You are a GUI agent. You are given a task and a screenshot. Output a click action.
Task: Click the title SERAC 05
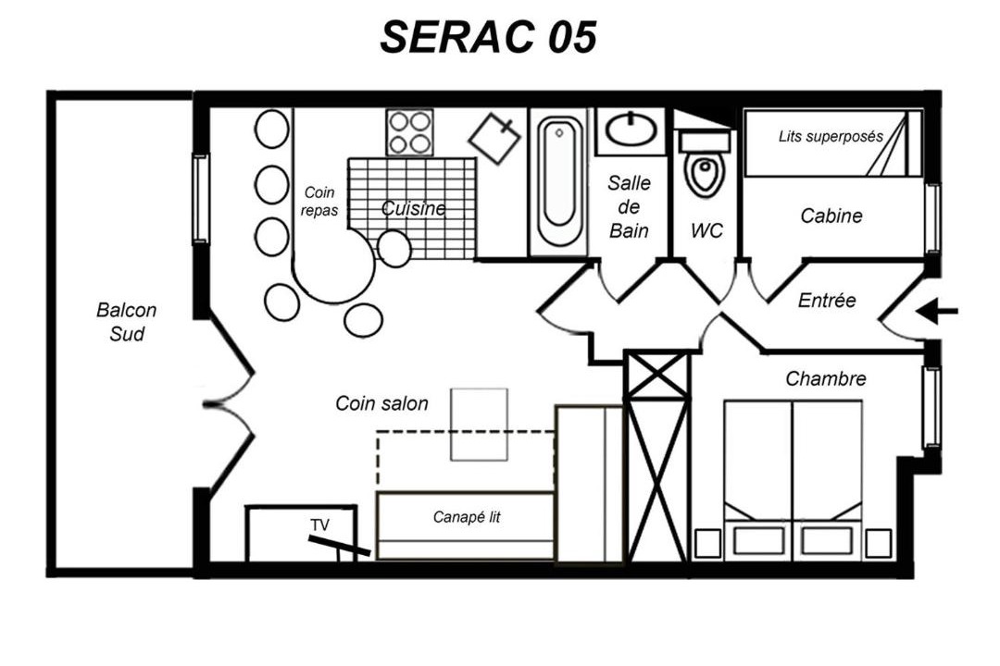[x=489, y=36]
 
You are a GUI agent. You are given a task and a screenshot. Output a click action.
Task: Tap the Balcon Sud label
[x=126, y=322]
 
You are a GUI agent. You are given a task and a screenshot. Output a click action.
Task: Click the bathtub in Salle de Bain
[x=559, y=181]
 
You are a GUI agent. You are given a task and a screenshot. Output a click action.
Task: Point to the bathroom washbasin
[x=631, y=129]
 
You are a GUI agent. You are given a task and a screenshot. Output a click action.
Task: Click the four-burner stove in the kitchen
[x=409, y=132]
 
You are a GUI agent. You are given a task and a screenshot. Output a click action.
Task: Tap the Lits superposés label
[x=831, y=136]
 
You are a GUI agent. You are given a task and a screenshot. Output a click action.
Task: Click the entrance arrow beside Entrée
[x=937, y=312]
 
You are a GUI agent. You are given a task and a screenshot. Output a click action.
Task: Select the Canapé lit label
[x=466, y=517]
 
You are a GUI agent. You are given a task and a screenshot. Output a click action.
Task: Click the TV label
[x=319, y=525]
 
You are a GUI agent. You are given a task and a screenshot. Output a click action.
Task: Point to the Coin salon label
[x=381, y=403]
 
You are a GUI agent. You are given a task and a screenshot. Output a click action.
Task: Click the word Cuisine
[x=413, y=208]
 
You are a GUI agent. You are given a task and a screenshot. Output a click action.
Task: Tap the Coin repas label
[x=319, y=202]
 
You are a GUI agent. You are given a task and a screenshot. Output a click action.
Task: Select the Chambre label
[x=826, y=379]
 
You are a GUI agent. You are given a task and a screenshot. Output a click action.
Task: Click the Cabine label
[x=831, y=216]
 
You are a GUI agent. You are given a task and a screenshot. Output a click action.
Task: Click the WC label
[x=706, y=230]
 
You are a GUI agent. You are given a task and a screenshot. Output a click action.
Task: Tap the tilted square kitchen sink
[x=494, y=139]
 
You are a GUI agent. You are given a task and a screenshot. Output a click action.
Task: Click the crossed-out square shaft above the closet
[x=656, y=374]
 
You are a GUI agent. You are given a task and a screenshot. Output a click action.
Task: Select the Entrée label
[x=827, y=301]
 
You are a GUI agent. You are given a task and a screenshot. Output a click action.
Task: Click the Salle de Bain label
[x=629, y=206]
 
